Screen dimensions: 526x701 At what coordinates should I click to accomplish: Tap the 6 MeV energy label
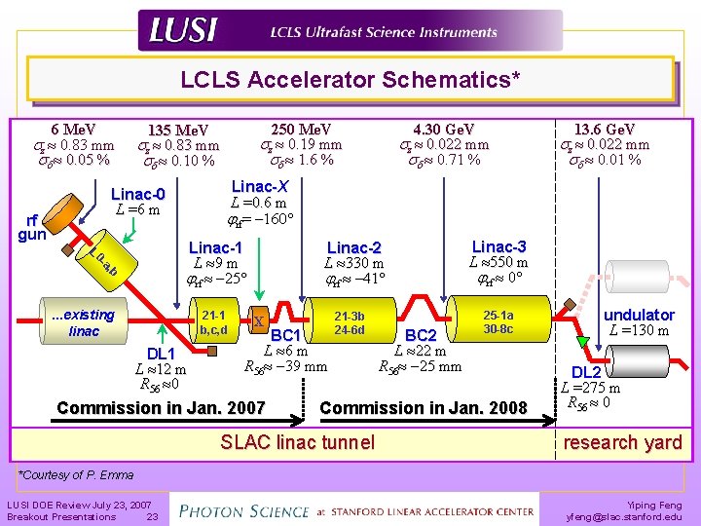[72, 130]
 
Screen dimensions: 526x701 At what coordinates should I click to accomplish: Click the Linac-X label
[260, 187]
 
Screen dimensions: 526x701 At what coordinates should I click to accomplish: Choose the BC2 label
[421, 336]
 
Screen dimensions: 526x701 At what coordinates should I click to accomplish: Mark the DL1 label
[160, 353]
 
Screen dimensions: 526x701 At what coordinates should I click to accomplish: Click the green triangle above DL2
[583, 340]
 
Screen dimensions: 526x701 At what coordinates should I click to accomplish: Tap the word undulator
[639, 315]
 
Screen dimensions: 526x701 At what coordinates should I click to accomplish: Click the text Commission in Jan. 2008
[423, 408]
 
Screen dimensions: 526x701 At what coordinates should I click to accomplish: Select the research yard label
[623, 442]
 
